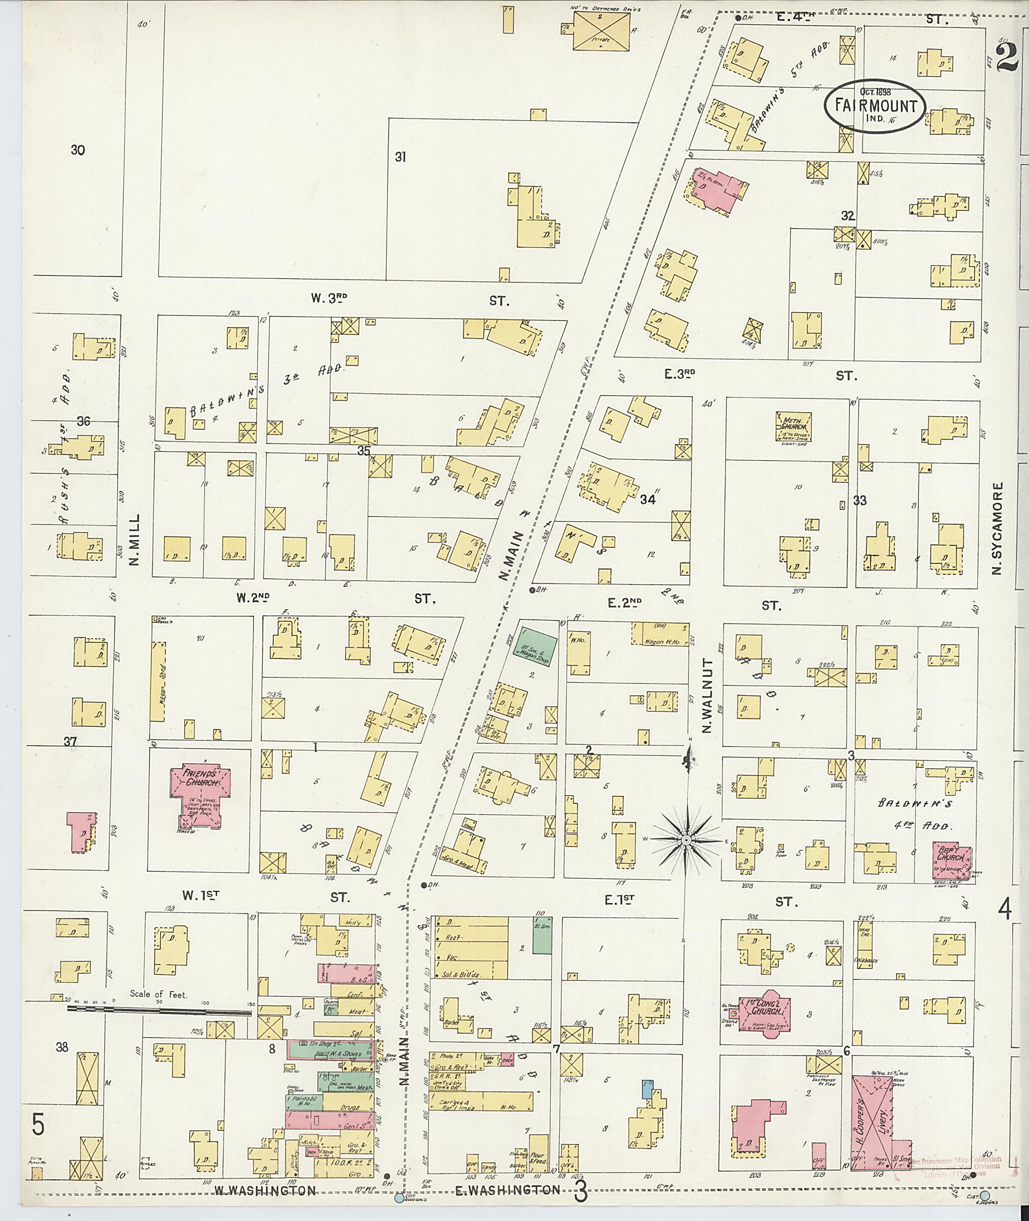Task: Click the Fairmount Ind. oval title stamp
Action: (x=874, y=107)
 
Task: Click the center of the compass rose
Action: (x=686, y=839)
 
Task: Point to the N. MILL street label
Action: (x=135, y=540)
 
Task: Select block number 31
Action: (x=399, y=157)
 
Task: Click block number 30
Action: (x=77, y=150)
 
